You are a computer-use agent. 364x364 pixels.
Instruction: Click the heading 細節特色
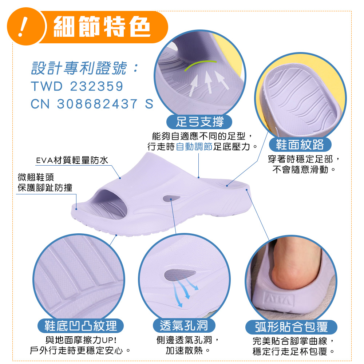click(102, 26)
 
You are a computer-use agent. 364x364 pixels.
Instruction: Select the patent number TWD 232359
click(77, 86)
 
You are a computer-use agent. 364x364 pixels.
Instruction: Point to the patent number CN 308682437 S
click(92, 104)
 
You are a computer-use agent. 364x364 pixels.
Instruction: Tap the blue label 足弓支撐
click(199, 122)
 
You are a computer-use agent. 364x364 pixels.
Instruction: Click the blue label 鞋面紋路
click(300, 145)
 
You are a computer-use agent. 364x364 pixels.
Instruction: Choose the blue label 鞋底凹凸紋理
click(80, 325)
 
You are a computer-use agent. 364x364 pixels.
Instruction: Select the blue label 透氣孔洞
click(184, 325)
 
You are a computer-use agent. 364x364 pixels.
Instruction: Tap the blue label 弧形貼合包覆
click(291, 327)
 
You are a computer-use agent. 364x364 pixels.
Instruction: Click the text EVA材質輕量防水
click(72, 160)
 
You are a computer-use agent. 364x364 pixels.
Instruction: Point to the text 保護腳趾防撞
click(45, 187)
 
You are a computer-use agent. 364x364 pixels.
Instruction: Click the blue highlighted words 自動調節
click(194, 147)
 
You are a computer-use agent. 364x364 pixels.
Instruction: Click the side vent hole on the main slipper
click(171, 198)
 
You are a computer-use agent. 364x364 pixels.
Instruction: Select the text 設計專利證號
click(79, 68)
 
